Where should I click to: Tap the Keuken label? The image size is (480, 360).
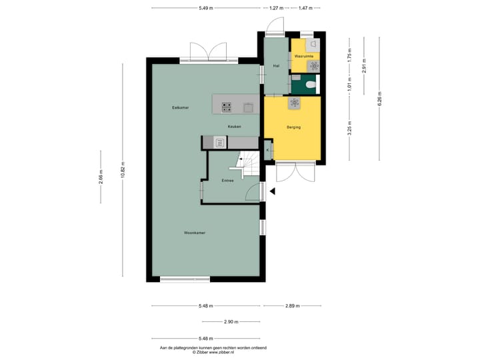tap(234, 127)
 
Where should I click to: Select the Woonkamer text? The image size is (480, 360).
tap(195, 233)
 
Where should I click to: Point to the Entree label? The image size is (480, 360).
tap(227, 181)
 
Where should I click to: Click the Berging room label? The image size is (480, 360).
tap(294, 127)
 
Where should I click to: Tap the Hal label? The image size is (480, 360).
tap(276, 65)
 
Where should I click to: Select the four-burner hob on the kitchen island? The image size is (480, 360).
tap(227, 105)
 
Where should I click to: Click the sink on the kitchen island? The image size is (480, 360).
tap(248, 105)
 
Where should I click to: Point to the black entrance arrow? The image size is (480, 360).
tap(271, 192)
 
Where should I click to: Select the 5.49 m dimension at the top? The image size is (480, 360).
tap(205, 8)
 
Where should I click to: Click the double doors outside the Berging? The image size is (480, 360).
tap(295, 172)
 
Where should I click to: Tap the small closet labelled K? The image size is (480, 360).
tap(268, 151)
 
